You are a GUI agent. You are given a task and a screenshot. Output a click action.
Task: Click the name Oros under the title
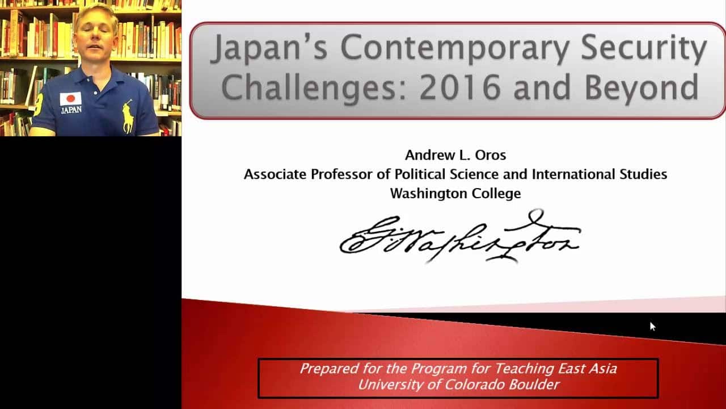[491, 155]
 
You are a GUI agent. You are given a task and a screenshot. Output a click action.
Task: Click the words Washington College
[455, 194]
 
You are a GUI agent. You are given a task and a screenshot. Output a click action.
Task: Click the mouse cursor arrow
[652, 326]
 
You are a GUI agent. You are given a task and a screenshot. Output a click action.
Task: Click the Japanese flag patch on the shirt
[71, 99]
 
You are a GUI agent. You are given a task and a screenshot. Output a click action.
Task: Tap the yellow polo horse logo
[128, 116]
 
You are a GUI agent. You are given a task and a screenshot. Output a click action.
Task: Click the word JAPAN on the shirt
[71, 110]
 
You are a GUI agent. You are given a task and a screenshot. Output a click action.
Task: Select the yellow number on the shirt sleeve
[39, 104]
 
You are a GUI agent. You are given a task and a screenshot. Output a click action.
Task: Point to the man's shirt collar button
[96, 93]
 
